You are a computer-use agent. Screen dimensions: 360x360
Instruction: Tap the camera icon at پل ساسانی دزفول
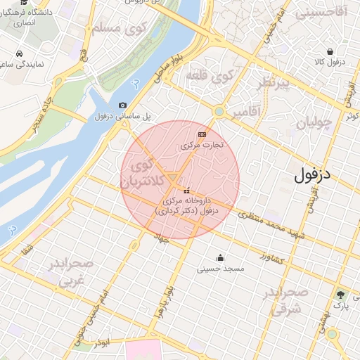tap(123, 105)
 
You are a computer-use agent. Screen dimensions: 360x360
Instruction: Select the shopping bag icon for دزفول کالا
tap(330, 51)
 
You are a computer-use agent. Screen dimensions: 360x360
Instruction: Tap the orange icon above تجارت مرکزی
tap(202, 134)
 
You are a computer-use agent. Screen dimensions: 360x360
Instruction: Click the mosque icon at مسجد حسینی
tap(221, 257)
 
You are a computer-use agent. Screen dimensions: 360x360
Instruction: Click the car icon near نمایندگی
tap(18, 53)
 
